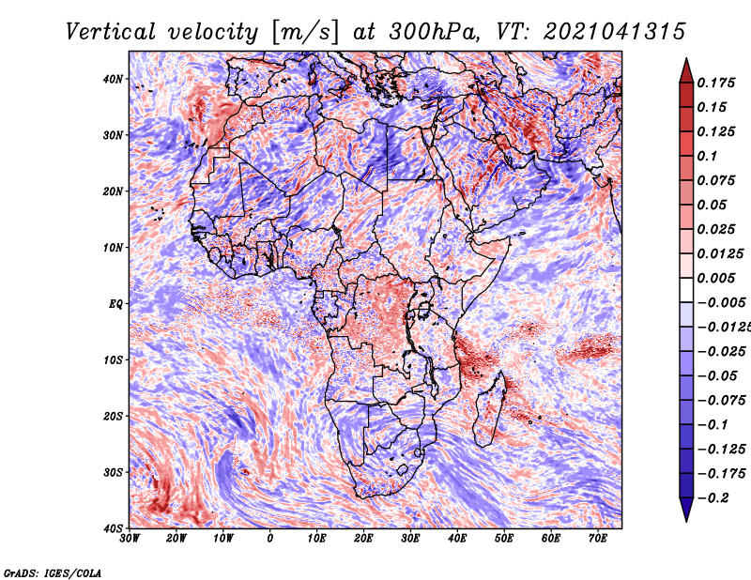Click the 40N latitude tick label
113,79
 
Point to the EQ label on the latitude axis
115,303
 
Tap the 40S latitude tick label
113,527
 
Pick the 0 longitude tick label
270,539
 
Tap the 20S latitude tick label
113,416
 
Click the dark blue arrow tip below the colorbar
686,512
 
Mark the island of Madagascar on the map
491,408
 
